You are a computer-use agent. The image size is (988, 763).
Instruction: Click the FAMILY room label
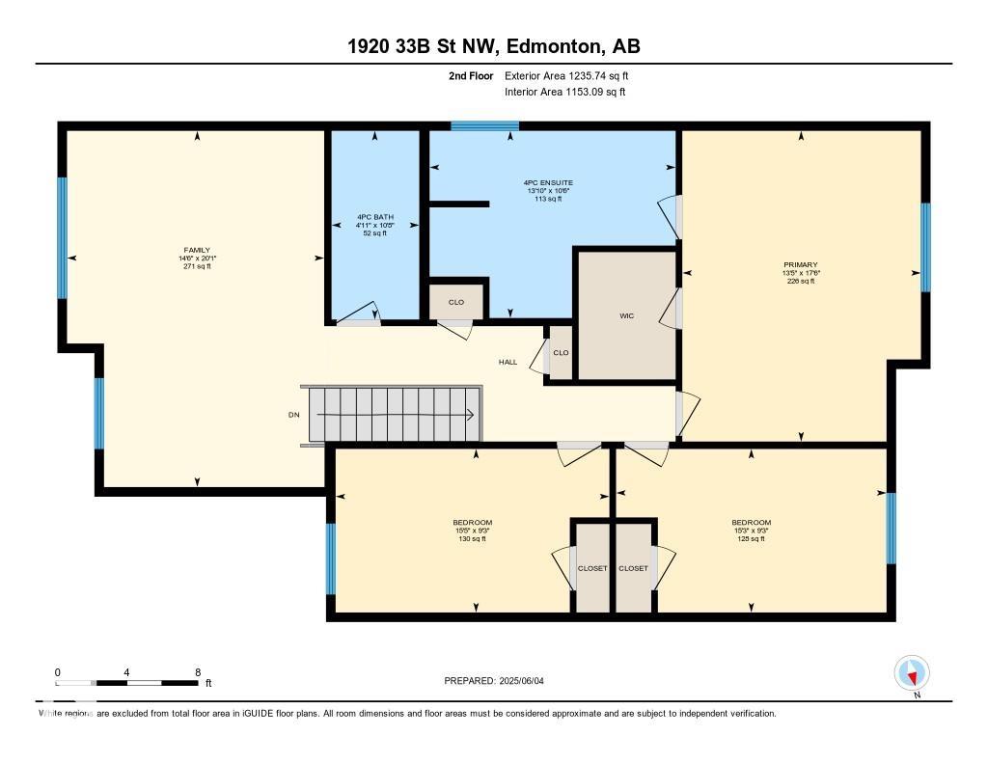click(x=197, y=250)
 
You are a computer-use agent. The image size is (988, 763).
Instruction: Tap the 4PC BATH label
click(x=375, y=217)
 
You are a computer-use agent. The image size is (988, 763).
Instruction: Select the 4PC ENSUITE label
click(x=550, y=182)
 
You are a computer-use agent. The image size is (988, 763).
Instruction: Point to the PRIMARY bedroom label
click(x=801, y=264)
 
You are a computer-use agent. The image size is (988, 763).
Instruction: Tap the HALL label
click(x=508, y=362)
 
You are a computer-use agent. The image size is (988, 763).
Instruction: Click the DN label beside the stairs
click(x=293, y=415)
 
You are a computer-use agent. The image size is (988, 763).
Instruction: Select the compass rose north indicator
click(x=911, y=673)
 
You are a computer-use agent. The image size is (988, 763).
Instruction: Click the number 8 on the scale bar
click(x=197, y=671)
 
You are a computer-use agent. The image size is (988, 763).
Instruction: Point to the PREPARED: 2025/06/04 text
click(x=500, y=680)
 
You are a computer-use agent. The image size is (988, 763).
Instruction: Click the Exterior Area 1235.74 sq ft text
click(x=566, y=75)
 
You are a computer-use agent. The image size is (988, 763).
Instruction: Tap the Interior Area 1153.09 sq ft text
click(x=564, y=92)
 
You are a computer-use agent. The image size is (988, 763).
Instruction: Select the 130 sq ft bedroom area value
click(x=473, y=539)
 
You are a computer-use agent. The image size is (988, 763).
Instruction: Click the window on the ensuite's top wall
click(x=484, y=125)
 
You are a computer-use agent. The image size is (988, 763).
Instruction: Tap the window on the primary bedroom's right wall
click(x=925, y=247)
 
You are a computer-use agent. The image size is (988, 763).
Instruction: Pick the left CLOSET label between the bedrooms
click(x=592, y=568)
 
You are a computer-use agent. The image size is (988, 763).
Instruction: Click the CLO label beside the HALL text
click(x=561, y=352)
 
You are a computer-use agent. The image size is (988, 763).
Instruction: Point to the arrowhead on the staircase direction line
click(x=469, y=415)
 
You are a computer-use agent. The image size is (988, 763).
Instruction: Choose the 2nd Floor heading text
click(x=471, y=75)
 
